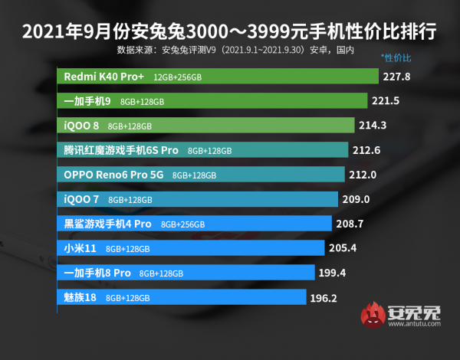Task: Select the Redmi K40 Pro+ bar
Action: (219, 77)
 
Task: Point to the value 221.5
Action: (389, 101)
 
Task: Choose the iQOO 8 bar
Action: (206, 126)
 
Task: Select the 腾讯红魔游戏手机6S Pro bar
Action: (203, 150)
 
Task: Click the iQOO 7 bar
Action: (198, 199)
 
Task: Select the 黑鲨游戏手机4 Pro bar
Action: (195, 224)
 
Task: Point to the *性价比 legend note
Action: (396, 58)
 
